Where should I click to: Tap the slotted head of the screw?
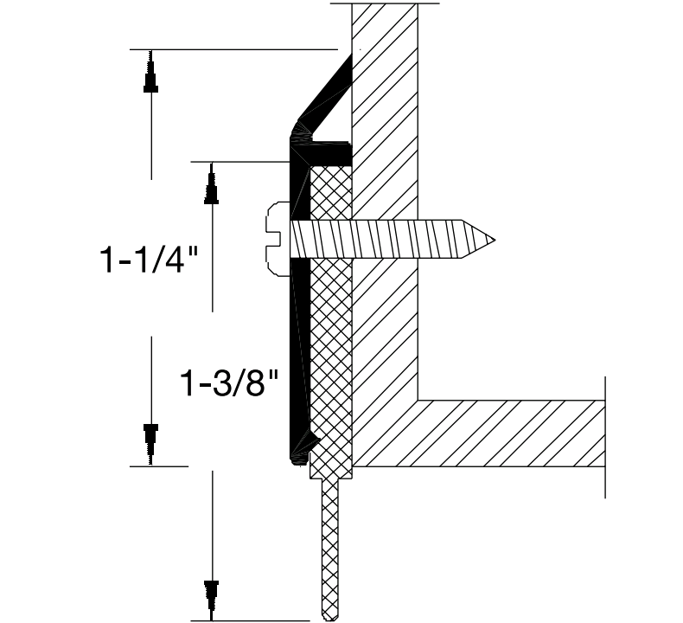(x=278, y=239)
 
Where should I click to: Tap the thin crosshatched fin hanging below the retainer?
(x=329, y=545)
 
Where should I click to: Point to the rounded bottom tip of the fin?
(x=329, y=616)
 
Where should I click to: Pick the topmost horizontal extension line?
(x=233, y=49)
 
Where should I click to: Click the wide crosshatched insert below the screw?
(x=329, y=363)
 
